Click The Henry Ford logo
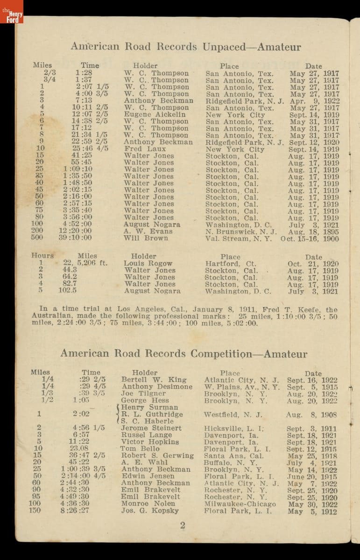[x=12, y=12]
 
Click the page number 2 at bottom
[x=183, y=525]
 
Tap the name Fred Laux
[x=145, y=149]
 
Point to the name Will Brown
[x=146, y=238]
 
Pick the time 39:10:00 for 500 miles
[x=75, y=238]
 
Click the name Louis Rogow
[x=148, y=263]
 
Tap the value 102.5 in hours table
[x=68, y=291]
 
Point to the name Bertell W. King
[x=154, y=380]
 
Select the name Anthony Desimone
[x=157, y=387]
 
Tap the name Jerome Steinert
[x=151, y=428]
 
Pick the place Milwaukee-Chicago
[x=240, y=504]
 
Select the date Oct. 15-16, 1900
[x=310, y=238]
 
